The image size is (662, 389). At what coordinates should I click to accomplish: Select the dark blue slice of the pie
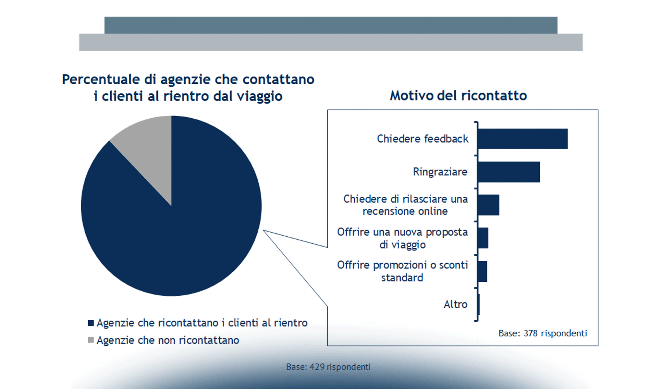[182, 227]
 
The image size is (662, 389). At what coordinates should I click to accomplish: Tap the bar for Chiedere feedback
[522, 139]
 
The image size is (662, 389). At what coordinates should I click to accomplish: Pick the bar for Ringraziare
[509, 172]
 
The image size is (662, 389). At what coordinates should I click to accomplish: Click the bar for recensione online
[488, 205]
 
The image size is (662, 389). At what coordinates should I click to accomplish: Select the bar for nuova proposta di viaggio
[483, 238]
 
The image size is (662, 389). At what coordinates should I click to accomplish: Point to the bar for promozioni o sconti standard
[482, 271]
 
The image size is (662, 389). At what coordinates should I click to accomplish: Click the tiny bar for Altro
[479, 304]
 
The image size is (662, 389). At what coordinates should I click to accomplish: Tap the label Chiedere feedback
[423, 139]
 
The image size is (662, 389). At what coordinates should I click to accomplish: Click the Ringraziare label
[440, 172]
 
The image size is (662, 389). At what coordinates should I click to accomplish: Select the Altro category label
[455, 304]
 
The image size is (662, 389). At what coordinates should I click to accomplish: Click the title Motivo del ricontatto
[458, 96]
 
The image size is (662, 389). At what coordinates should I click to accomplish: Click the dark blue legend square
[91, 323]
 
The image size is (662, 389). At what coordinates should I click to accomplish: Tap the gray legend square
[91, 340]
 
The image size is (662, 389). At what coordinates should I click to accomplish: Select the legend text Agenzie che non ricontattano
[168, 340]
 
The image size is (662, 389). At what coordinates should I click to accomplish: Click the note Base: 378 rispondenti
[543, 333]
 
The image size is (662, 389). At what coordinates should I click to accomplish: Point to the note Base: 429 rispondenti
[328, 367]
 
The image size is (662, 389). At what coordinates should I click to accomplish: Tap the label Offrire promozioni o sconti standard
[402, 271]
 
